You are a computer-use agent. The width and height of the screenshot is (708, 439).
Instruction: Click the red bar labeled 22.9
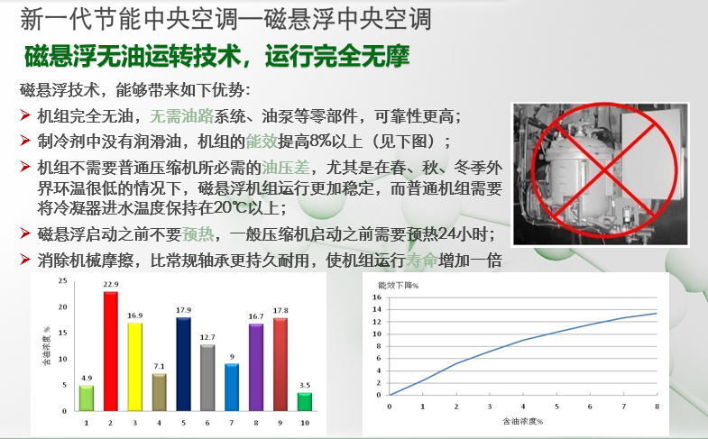click(x=111, y=351)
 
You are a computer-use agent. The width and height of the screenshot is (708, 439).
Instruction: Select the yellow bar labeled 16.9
click(x=135, y=367)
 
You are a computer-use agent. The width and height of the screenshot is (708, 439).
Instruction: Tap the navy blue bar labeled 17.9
click(x=183, y=364)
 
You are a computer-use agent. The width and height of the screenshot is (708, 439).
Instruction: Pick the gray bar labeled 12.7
click(x=207, y=378)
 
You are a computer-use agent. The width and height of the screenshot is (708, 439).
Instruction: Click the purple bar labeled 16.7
click(x=256, y=367)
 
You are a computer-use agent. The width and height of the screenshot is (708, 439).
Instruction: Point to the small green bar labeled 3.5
click(x=305, y=401)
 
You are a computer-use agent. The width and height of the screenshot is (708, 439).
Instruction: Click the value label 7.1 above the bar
click(x=159, y=366)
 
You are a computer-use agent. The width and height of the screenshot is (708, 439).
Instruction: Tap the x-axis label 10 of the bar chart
click(x=305, y=423)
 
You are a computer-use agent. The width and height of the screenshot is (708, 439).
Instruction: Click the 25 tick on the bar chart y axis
click(x=62, y=280)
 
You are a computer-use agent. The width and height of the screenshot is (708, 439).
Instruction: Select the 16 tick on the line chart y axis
click(x=377, y=297)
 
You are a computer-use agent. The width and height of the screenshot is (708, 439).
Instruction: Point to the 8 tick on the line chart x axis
click(x=657, y=407)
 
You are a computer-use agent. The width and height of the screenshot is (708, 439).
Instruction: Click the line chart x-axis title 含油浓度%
click(x=523, y=421)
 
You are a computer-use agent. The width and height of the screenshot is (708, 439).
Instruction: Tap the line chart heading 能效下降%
click(x=399, y=286)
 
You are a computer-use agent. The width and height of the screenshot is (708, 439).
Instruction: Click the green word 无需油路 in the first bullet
click(x=181, y=116)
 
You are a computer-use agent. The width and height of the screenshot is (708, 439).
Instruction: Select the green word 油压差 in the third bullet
click(x=286, y=168)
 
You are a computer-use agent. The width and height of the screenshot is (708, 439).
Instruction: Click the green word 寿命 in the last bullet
click(x=422, y=261)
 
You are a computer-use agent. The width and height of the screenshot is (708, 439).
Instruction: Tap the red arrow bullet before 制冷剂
click(x=25, y=141)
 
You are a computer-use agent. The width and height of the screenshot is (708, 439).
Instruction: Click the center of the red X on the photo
click(x=604, y=170)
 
